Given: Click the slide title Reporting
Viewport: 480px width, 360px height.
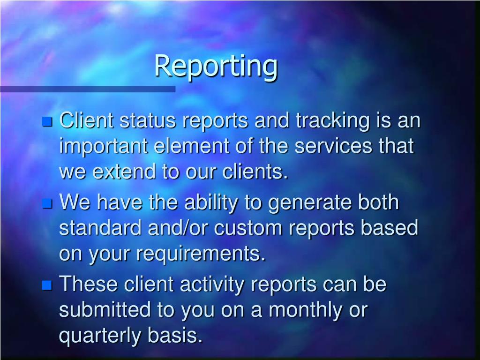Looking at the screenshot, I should (216, 66).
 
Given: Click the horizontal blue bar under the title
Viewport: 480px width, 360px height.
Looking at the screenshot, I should (87, 89).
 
